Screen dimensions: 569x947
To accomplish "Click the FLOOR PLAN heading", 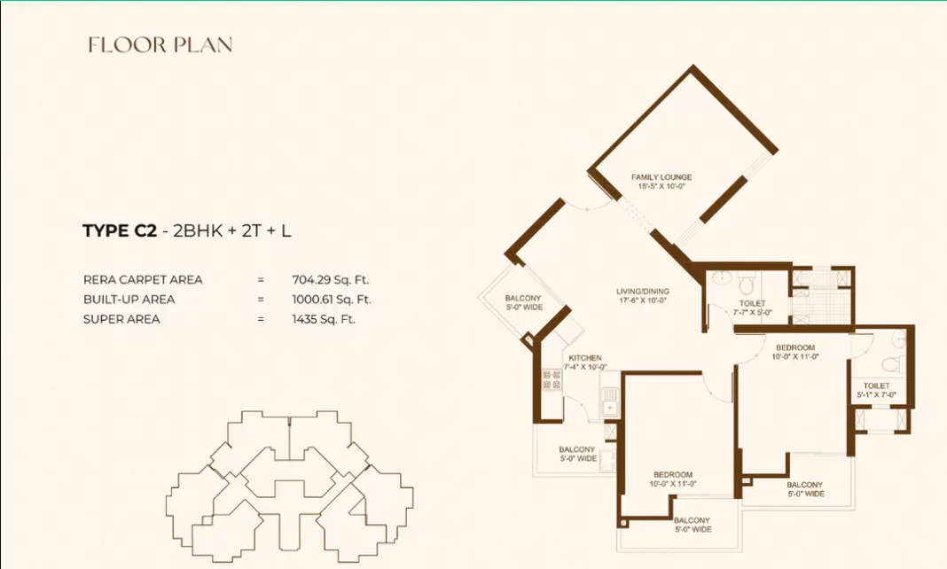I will tap(160, 45).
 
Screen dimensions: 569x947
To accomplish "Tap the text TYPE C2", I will tap(120, 231).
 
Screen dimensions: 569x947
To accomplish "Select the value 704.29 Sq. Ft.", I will tap(332, 279).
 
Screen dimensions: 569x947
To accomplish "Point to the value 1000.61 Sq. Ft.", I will tap(332, 300).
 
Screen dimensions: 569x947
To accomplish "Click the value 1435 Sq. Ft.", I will tap(324, 319).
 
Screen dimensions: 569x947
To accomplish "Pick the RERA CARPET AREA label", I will tap(143, 279).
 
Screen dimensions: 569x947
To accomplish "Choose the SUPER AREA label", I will tap(121, 319).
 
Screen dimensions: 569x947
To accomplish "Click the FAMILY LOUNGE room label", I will tap(661, 177).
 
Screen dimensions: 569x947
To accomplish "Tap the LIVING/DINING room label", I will tap(643, 292).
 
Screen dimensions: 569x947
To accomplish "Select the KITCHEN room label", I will tap(584, 358).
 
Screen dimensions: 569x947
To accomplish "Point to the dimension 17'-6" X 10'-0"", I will tap(643, 300).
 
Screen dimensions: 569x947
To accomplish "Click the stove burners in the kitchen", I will tap(552, 380).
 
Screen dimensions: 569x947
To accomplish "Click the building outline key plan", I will tap(289, 484).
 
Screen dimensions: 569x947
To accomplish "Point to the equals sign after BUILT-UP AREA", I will tap(261, 300).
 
